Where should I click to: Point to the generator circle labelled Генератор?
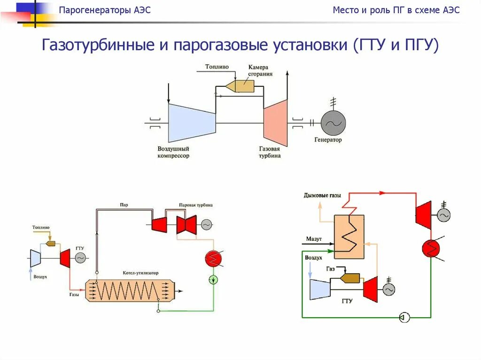(333, 123)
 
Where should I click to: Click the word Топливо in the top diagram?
(217, 67)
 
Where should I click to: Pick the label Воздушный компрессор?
(173, 152)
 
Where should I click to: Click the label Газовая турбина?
(270, 152)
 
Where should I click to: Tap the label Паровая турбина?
(195, 205)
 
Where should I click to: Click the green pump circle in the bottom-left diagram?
(214, 280)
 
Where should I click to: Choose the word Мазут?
(314, 239)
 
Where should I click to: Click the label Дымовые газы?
(322, 195)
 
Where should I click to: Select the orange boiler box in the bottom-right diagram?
(349, 237)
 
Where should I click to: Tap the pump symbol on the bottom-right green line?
(404, 318)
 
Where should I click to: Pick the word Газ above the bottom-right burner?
(330, 268)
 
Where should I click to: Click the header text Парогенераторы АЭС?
(105, 10)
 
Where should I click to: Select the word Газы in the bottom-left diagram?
(74, 295)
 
